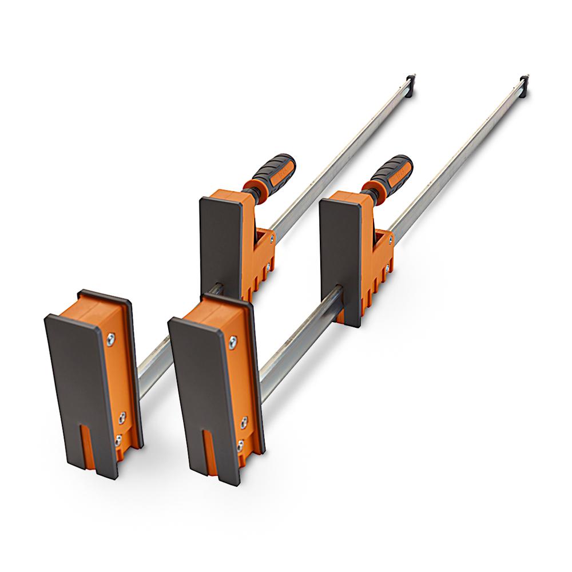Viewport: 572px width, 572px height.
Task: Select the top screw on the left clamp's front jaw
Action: pos(111,339)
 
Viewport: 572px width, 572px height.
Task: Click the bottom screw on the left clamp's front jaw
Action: pos(118,440)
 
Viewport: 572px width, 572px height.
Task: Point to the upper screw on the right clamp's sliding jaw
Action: pos(391,236)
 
